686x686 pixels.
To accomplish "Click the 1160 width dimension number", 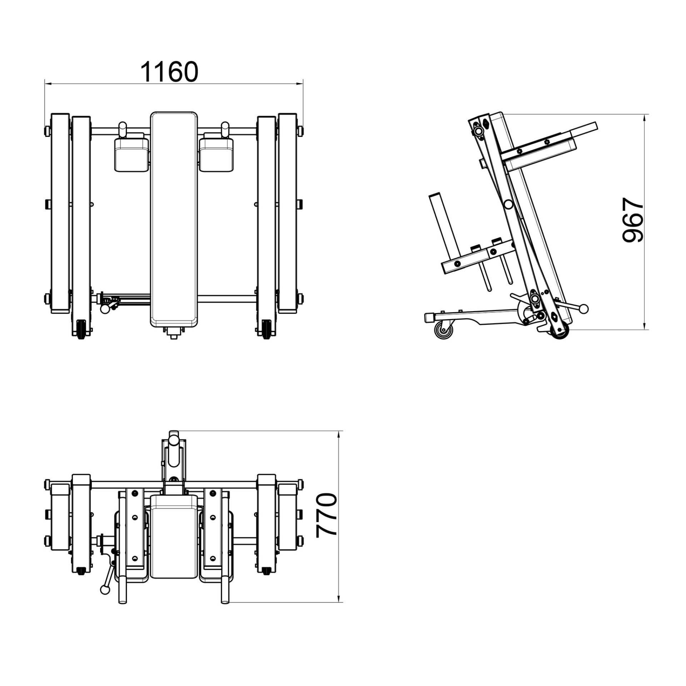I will (169, 72).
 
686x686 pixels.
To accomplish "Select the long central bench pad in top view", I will (174, 219).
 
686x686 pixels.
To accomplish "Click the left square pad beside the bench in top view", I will (131, 154).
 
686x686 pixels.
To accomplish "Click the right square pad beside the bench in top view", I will (216, 154).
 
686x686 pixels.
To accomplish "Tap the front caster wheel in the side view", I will (444, 329).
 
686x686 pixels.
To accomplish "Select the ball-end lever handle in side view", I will (583, 308).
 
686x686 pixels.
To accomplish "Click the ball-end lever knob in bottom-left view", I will (105, 590).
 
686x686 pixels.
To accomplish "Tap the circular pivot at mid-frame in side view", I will (508, 204).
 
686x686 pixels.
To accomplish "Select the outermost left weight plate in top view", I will (60, 214).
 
